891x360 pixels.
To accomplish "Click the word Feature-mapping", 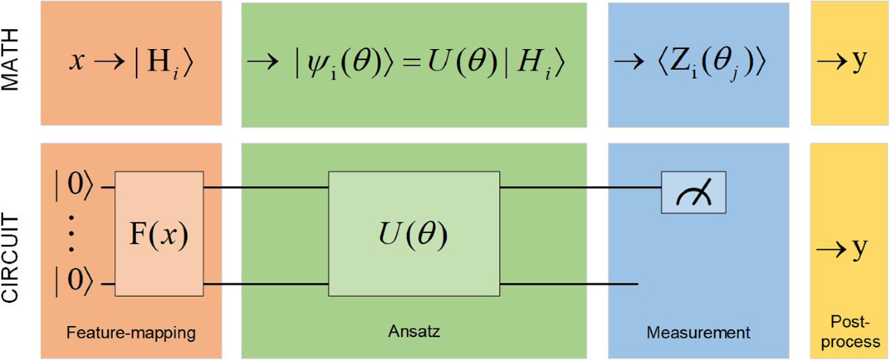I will pyautogui.click(x=132, y=332).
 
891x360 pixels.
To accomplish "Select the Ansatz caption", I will pyautogui.click(x=414, y=332).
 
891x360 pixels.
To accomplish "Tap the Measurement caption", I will pyautogui.click(x=697, y=332).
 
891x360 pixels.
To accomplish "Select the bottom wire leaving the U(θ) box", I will pyautogui.click(x=568, y=284).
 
